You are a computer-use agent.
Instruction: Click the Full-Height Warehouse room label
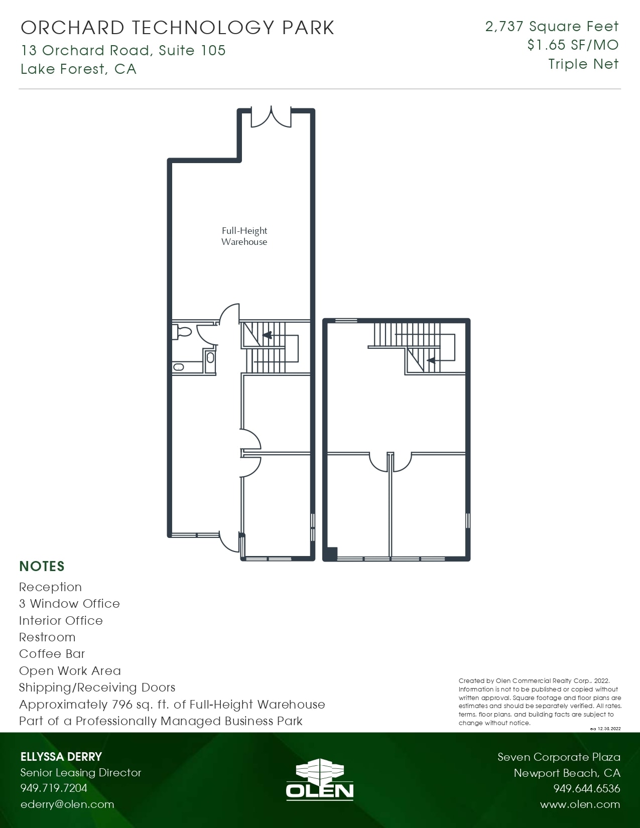point(244,236)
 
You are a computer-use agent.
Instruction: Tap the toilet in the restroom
point(183,332)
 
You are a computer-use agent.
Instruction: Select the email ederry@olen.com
point(67,804)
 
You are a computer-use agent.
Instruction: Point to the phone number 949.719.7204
point(54,788)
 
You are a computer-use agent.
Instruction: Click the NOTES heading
point(42,566)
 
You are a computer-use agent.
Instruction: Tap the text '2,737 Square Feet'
point(552,26)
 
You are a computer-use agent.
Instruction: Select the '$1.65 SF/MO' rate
point(573,45)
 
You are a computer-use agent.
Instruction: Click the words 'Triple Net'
point(583,64)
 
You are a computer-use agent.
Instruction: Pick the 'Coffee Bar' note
point(52,654)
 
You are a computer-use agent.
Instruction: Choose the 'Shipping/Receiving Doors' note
point(97,687)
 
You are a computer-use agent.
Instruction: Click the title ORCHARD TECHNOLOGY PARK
point(178,28)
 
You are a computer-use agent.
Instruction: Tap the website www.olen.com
point(580,804)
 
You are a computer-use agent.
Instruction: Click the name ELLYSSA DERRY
point(61,757)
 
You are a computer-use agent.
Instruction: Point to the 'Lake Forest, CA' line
point(78,69)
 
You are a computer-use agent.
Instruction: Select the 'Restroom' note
point(47,637)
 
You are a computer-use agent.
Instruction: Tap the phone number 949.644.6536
point(586,788)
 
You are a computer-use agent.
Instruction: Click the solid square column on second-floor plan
point(331,553)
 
